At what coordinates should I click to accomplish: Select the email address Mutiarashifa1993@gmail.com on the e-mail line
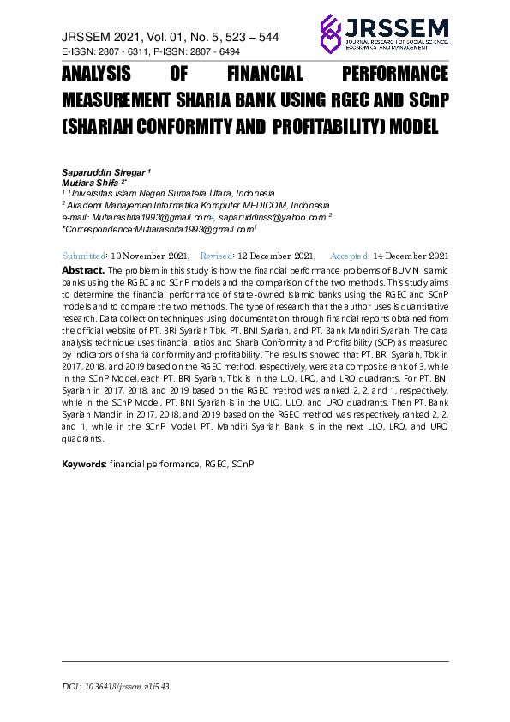click(154, 218)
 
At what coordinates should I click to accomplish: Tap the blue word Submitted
click(85, 256)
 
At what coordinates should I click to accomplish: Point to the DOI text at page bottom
click(116, 688)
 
